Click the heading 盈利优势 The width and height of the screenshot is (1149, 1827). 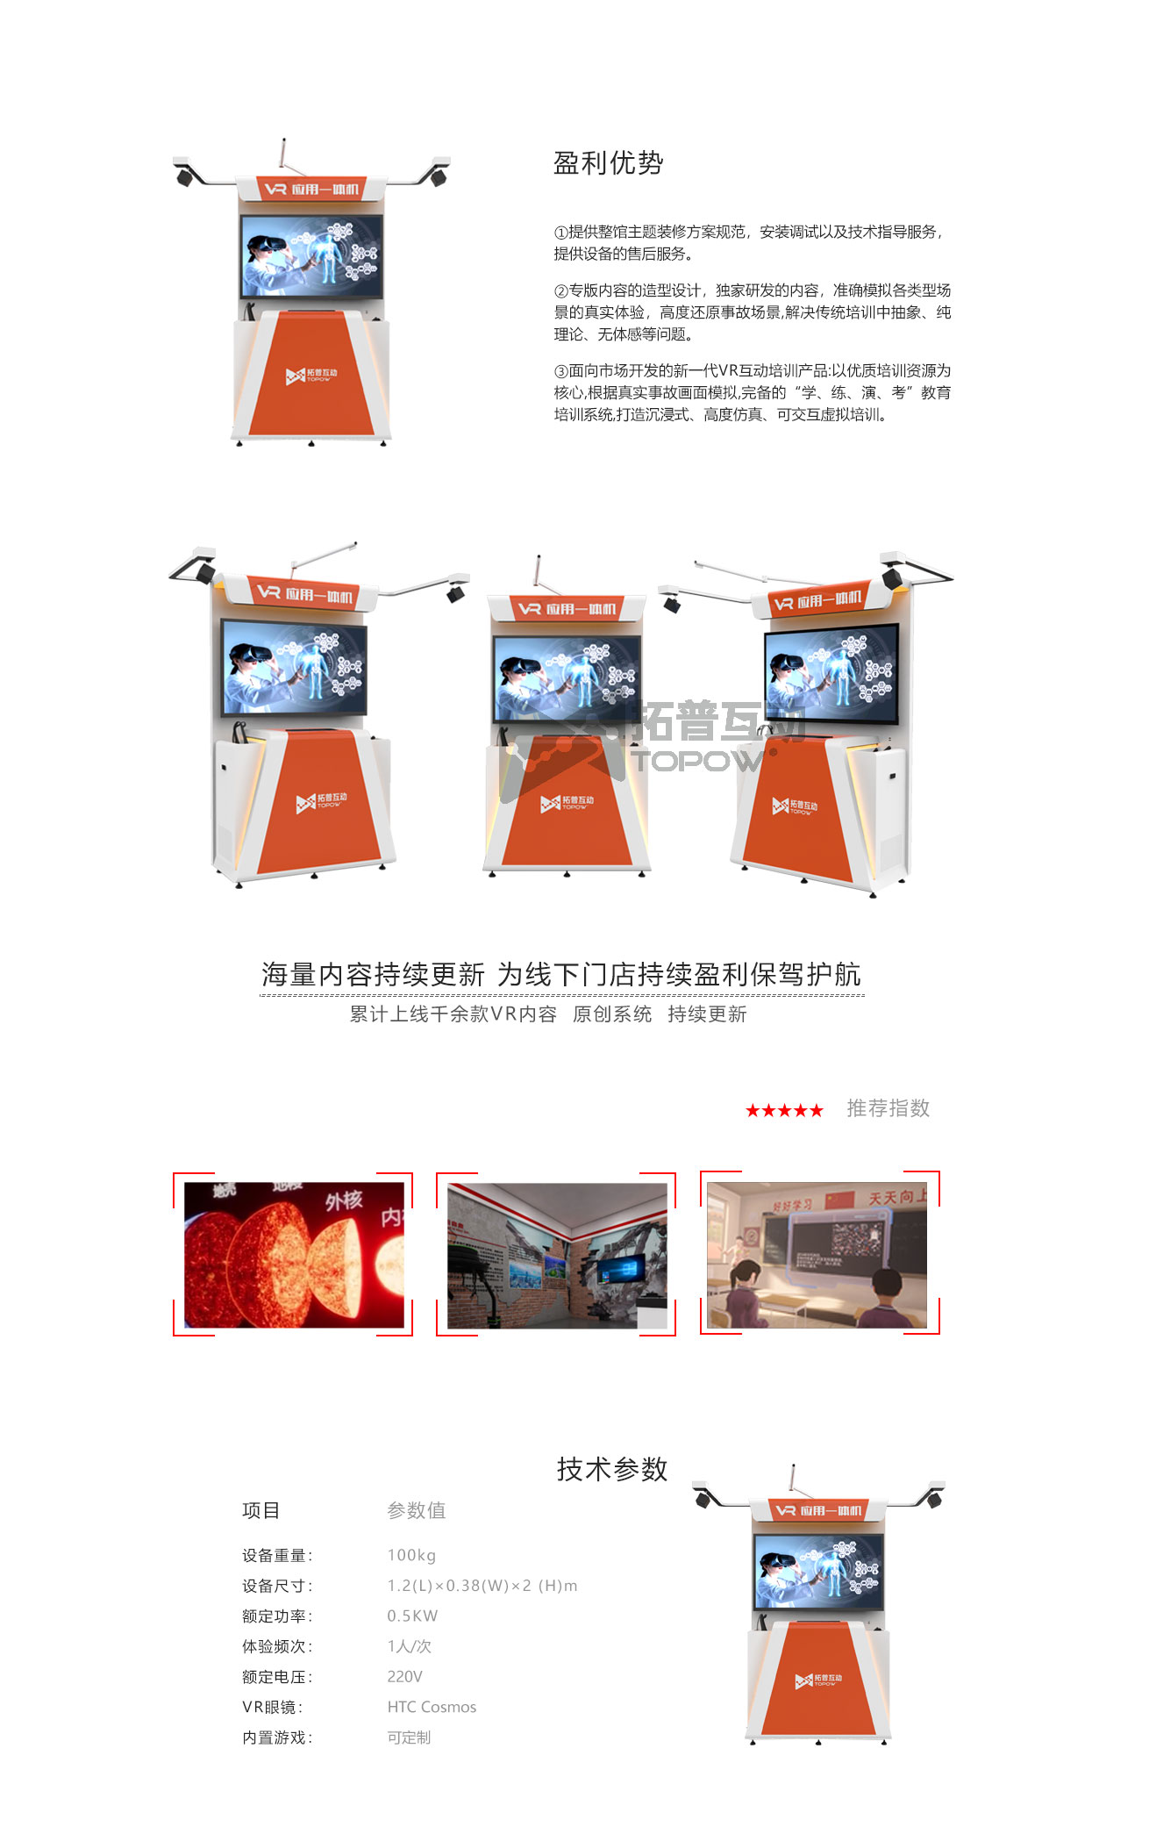pos(608,163)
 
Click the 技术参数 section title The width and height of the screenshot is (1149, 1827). pos(612,1469)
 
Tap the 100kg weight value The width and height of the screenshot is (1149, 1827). pos(411,1555)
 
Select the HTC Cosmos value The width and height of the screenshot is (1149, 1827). pos(432,1707)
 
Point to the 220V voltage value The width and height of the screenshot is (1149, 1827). pos(404,1676)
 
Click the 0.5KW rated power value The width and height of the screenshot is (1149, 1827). pos(412,1616)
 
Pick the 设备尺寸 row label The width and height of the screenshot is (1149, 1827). pos(276,1586)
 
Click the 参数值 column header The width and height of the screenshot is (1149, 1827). pos(417,1510)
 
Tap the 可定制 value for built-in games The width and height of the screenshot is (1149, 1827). pos(409,1737)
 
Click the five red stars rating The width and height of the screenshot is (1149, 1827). pos(784,1111)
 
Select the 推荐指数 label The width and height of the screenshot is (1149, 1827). pos(888,1108)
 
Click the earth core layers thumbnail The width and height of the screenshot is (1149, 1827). pos(294,1255)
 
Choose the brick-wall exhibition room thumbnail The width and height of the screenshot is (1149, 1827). pos(557,1255)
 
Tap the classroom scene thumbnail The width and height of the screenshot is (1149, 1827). pos(817,1255)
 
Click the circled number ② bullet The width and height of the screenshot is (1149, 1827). pos(561,291)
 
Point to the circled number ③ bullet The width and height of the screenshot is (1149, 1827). pos(561,371)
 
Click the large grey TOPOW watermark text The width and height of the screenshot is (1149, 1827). pos(699,760)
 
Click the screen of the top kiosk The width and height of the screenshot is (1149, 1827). pos(311,256)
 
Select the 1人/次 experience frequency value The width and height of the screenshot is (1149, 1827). pos(409,1646)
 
